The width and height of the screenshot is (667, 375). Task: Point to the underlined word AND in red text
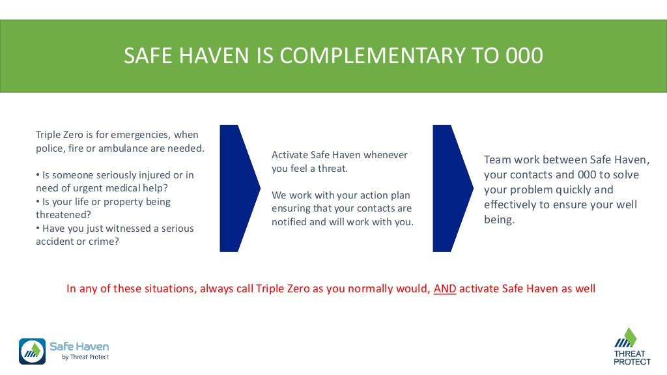coord(445,288)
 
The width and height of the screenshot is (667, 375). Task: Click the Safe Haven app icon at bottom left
coord(32,352)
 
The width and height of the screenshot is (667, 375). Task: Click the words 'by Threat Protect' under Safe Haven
coord(85,357)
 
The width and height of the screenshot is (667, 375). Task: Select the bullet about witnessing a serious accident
coord(114,234)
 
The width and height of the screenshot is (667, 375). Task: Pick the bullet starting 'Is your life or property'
coord(104,202)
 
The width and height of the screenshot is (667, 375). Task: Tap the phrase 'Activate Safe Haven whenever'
coord(339,155)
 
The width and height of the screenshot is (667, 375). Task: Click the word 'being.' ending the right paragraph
coord(499,220)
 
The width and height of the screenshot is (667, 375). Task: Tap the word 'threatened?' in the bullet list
coord(63,215)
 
